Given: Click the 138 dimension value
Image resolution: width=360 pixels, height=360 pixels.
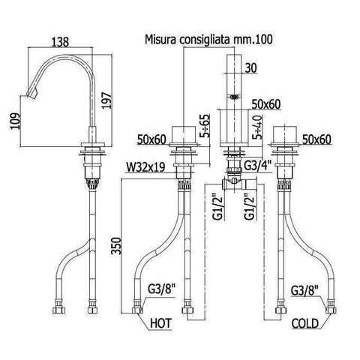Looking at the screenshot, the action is [x=60, y=41].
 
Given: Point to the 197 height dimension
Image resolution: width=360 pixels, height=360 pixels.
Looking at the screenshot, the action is [x=106, y=100].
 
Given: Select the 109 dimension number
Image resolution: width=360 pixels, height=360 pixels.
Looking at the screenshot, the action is [x=15, y=121].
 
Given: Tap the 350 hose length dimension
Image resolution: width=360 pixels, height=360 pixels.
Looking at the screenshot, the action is [x=116, y=246].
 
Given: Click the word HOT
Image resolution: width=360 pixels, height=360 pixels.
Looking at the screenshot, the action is [x=161, y=323].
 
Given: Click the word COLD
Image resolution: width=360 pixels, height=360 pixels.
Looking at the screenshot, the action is [x=305, y=324].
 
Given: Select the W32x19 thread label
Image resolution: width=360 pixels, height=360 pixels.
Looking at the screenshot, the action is [x=145, y=167].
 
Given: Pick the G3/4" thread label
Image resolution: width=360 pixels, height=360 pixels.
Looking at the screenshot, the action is [x=258, y=166].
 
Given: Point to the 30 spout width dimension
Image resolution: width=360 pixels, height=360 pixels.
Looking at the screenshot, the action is [x=251, y=67].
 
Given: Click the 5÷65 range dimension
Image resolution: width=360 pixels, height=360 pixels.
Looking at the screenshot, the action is [x=205, y=126].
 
